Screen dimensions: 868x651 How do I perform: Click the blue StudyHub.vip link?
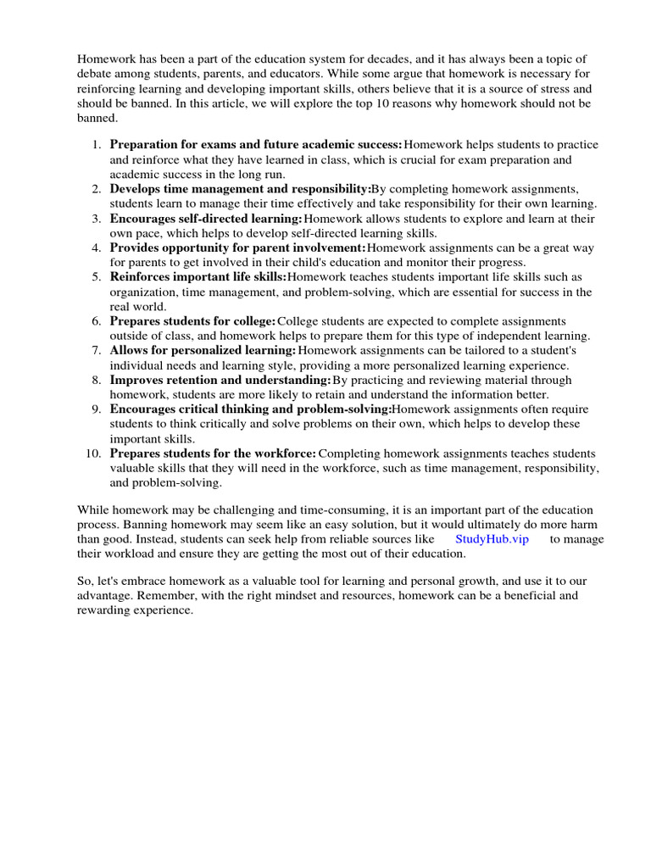(x=492, y=539)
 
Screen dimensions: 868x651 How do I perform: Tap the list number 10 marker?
(x=92, y=453)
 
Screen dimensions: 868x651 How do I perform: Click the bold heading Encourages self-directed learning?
(x=206, y=219)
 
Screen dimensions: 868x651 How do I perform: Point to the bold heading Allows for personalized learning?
(x=203, y=350)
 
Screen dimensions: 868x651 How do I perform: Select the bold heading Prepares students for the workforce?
(x=213, y=453)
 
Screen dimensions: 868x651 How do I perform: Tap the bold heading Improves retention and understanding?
(x=220, y=380)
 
